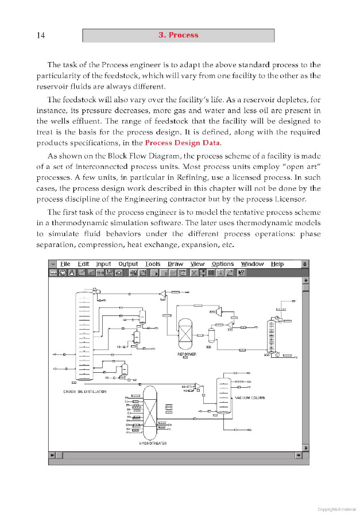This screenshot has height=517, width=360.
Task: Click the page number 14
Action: pyautogui.click(x=41, y=36)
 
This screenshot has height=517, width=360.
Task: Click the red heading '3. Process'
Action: pyautogui.click(x=178, y=35)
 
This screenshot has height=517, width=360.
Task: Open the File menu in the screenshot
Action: pyautogui.click(x=65, y=264)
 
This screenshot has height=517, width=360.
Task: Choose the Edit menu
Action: pyautogui.click(x=83, y=264)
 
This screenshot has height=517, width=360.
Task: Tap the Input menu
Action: pyautogui.click(x=103, y=264)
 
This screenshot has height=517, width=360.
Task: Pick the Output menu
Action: pyautogui.click(x=128, y=264)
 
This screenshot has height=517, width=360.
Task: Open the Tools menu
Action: pyautogui.click(x=153, y=264)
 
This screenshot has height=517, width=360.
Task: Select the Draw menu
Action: pyautogui.click(x=175, y=264)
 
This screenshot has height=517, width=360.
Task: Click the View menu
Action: pyautogui.click(x=198, y=264)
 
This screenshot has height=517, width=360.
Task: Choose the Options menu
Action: pyautogui.click(x=223, y=264)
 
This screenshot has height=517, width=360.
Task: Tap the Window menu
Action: pyautogui.click(x=252, y=264)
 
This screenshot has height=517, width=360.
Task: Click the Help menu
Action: pyautogui.click(x=277, y=264)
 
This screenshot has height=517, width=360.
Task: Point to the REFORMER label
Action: pyautogui.click(x=187, y=354)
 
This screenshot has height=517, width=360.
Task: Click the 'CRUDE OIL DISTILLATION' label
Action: pyautogui.click(x=85, y=392)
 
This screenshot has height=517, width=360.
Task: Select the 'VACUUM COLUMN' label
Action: pyautogui.click(x=250, y=398)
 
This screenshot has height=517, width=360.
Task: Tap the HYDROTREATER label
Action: pyautogui.click(x=153, y=443)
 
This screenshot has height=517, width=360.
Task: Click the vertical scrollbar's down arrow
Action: pyautogui.click(x=305, y=447)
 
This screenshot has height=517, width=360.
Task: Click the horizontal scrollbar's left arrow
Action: pyautogui.click(x=53, y=456)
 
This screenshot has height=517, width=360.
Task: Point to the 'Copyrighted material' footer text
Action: pyautogui.click(x=336, y=509)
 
